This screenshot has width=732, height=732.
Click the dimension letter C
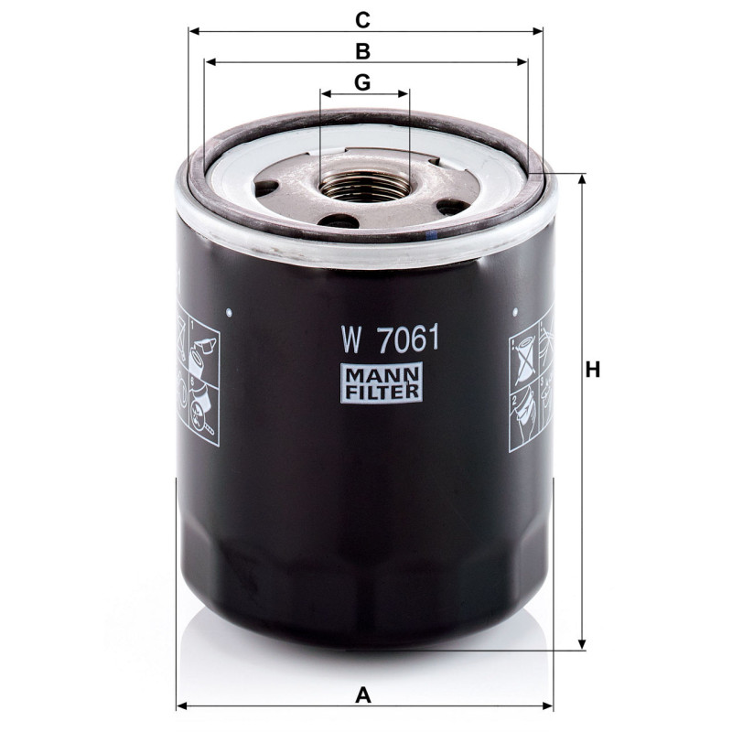[x=362, y=20]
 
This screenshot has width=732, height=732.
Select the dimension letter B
[x=362, y=51]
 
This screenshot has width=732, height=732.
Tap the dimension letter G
[x=362, y=82]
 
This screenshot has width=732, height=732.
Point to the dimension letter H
[x=592, y=370]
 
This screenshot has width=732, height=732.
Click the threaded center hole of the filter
[x=365, y=186]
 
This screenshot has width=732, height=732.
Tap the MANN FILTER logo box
[x=382, y=382]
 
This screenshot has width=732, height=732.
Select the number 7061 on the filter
[x=409, y=339]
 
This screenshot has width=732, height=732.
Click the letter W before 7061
[x=351, y=340]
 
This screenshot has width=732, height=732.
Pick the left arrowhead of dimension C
[x=194, y=31]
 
